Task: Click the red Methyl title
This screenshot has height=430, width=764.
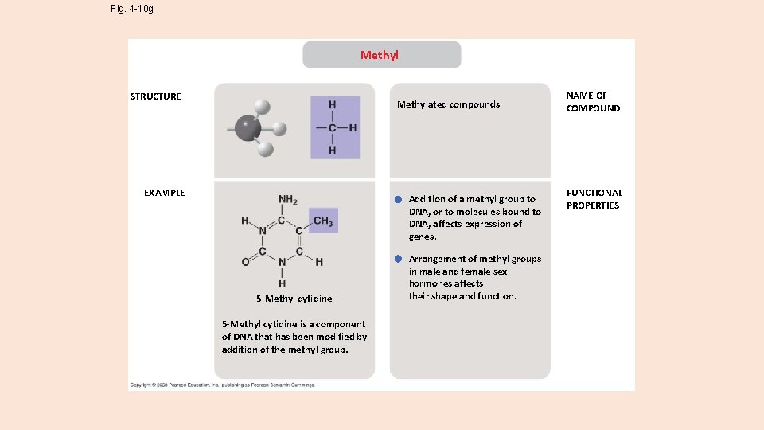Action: tap(380, 55)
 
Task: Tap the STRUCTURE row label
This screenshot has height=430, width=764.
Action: tap(156, 96)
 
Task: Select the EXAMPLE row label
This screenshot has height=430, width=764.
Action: tap(164, 193)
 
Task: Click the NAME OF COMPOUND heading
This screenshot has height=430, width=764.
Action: tap(592, 102)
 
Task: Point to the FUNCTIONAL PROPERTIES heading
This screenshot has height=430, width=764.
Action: tap(594, 199)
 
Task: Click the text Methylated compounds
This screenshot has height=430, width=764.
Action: tap(448, 104)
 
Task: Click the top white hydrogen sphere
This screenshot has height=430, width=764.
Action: tap(262, 107)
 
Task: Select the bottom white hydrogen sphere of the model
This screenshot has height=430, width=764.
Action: tap(266, 148)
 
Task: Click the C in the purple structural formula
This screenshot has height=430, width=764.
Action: tap(333, 127)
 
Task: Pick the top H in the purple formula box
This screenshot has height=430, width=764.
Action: tap(333, 104)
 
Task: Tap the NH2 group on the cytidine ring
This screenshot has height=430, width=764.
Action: tap(287, 200)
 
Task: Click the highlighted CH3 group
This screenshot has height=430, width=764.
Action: tap(323, 221)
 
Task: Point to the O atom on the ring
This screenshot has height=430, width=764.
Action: tap(245, 261)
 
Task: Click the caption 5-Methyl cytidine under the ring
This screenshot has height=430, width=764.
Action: tap(294, 299)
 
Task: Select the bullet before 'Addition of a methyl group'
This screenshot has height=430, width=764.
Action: tap(396, 199)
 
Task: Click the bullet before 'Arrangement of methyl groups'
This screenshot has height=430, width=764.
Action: tap(396, 259)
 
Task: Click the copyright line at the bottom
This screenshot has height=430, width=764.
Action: tap(223, 385)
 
